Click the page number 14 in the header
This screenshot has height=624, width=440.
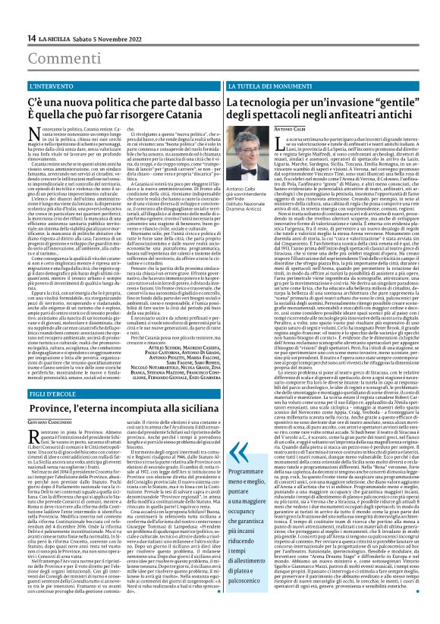(31, 38)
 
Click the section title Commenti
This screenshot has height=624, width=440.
(56, 58)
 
